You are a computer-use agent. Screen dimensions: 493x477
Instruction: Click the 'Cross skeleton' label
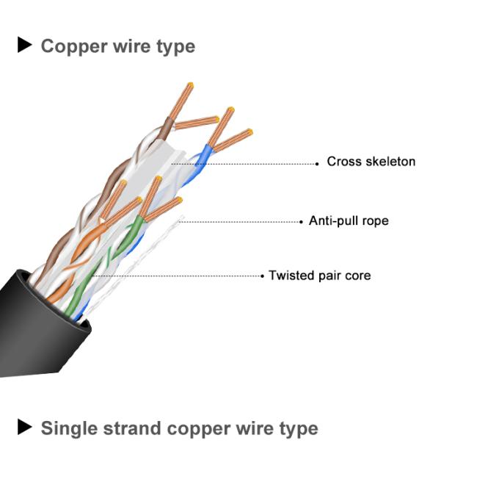[371, 162]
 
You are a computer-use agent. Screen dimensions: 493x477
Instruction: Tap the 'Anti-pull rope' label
[349, 220]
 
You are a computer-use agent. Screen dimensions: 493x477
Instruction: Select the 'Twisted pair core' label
[319, 276]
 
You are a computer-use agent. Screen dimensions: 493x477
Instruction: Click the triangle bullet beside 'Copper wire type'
[25, 46]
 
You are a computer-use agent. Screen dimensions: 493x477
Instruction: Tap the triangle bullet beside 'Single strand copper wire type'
[25, 427]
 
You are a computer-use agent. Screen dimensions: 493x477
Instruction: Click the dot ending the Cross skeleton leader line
[317, 163]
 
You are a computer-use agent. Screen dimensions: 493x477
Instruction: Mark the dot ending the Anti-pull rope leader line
[302, 221]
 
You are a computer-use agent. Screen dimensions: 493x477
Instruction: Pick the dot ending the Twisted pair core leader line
[262, 277]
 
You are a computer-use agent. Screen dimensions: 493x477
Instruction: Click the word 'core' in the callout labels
[357, 276]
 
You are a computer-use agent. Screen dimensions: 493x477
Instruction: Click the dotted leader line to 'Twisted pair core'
[183, 276]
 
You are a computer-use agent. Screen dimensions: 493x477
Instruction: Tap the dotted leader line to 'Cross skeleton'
[250, 163]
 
